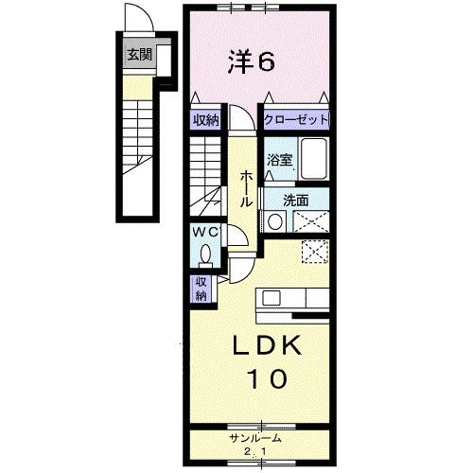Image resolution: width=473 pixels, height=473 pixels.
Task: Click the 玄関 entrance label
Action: pyautogui.click(x=140, y=55)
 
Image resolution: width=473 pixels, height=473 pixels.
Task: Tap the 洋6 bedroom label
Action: pyautogui.click(x=252, y=62)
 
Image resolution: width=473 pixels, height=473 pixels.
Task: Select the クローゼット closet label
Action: pyautogui.click(x=296, y=120)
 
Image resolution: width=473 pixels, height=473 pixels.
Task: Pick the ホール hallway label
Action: pyautogui.click(x=245, y=188)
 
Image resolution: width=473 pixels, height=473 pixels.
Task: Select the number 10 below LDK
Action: pyautogui.click(x=268, y=380)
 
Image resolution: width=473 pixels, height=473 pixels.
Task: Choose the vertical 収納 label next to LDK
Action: pyautogui.click(x=201, y=289)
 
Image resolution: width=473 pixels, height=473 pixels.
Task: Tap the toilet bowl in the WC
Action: pyautogui.click(x=206, y=254)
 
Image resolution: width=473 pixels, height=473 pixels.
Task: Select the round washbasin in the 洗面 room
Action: pyautogui.click(x=274, y=222)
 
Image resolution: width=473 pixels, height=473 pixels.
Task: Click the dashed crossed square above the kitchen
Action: pyautogui.click(x=315, y=252)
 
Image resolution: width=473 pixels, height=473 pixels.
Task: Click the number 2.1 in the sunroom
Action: pyautogui.click(x=258, y=451)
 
